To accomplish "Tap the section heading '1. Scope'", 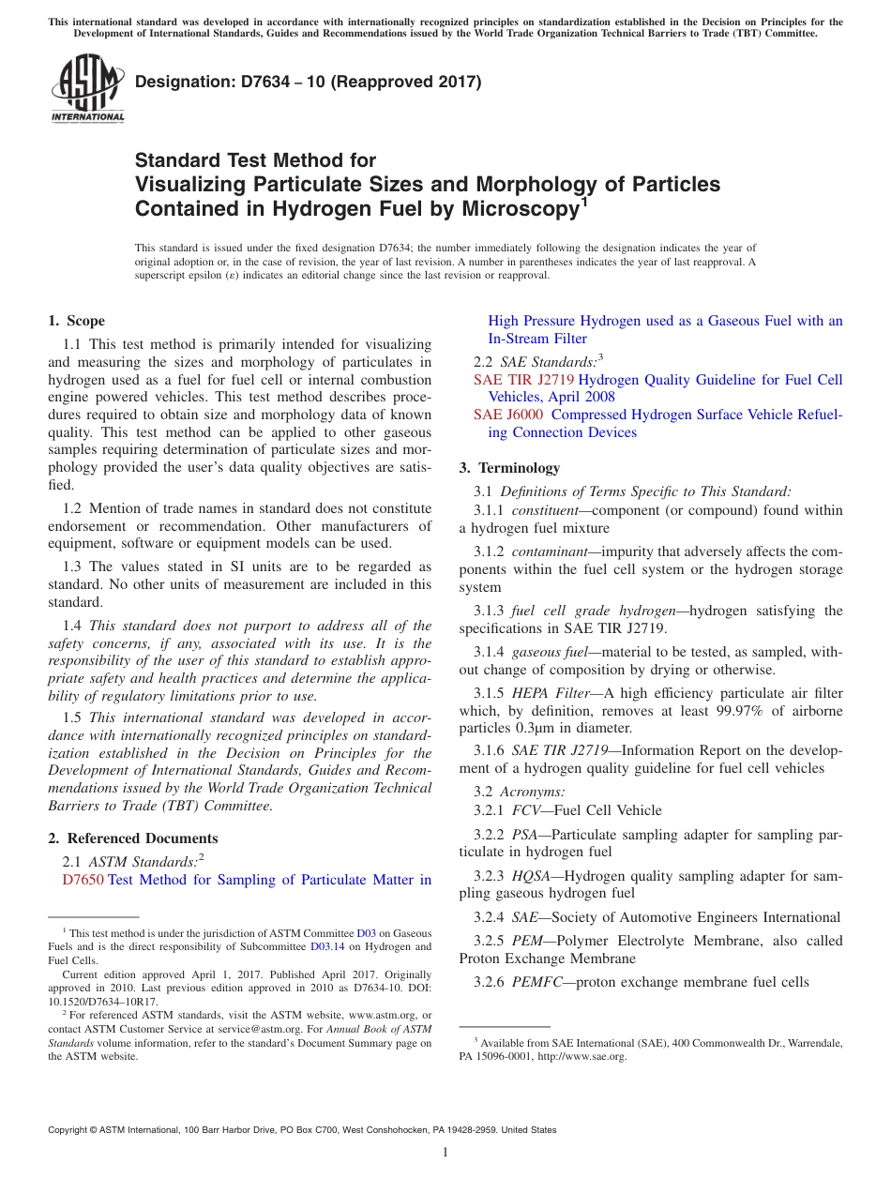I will [x=77, y=321].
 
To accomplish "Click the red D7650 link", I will [x=83, y=880].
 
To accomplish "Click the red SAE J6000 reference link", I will [x=507, y=415].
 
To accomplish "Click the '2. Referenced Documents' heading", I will [x=133, y=838].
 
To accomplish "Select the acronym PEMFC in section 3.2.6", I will [x=536, y=982].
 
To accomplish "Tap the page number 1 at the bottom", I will [x=445, y=1153].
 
